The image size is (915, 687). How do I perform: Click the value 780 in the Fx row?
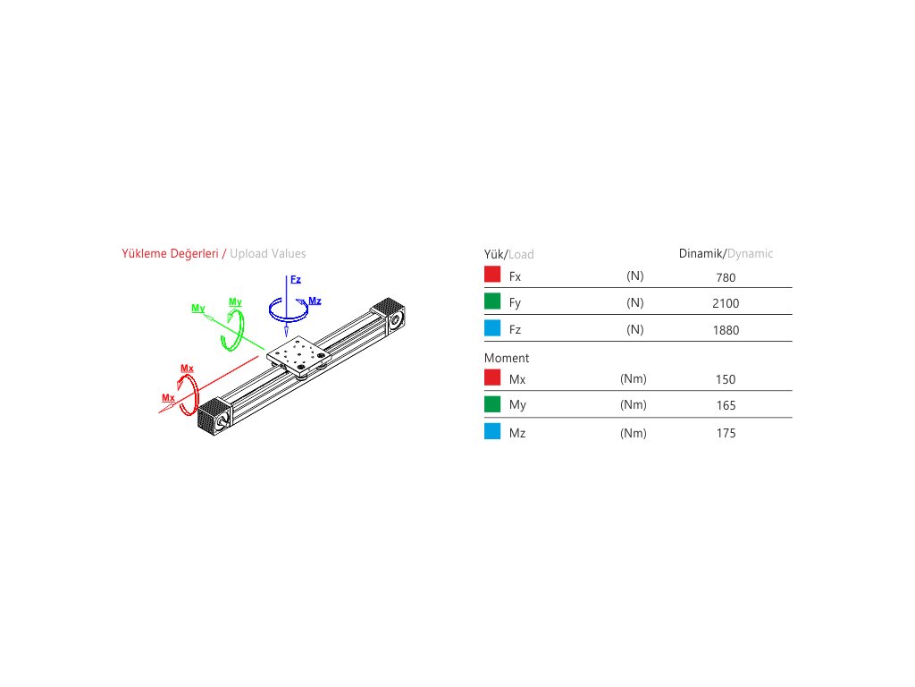click(726, 277)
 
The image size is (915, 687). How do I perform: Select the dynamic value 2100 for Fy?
click(726, 303)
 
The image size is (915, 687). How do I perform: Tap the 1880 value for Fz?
click(726, 330)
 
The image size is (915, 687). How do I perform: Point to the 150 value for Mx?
click(726, 379)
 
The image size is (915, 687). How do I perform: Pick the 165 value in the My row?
click(726, 405)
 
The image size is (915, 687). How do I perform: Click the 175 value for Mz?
click(726, 433)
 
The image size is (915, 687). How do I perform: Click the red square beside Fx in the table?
click(491, 276)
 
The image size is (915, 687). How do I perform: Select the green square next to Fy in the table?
click(491, 302)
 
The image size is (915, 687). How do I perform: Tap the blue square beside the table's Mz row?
click(491, 432)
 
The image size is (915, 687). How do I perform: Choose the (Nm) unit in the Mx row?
click(634, 378)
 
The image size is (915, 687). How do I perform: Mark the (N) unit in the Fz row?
click(635, 329)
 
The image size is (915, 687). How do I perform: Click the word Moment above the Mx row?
click(507, 358)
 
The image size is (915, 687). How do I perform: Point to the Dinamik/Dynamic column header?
click(726, 253)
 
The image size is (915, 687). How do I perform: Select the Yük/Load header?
click(509, 254)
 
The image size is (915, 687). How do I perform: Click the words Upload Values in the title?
click(267, 253)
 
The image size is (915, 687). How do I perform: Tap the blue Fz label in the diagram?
click(296, 279)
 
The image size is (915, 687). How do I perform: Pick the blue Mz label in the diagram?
click(315, 301)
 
